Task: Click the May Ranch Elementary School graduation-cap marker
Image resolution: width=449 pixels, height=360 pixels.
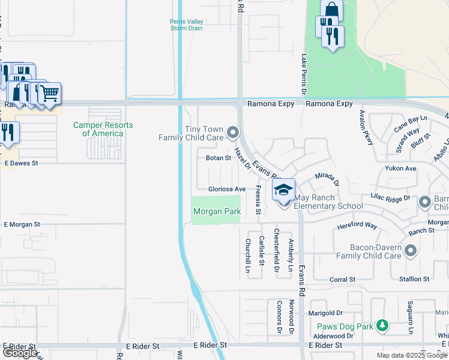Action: [284, 191]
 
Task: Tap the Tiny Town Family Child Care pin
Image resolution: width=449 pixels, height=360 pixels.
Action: [233, 131]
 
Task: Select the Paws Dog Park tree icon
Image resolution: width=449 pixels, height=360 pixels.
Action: [381, 326]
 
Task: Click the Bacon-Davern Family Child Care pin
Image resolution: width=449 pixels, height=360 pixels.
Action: [411, 250]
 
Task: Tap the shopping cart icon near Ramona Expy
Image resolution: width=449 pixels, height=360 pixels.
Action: [50, 92]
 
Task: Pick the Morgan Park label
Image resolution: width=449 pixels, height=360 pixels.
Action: [217, 211]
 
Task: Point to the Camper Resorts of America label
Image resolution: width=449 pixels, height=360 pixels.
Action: [103, 129]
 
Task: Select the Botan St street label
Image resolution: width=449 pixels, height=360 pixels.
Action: [218, 158]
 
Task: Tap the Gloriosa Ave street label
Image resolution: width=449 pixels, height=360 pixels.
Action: [227, 189]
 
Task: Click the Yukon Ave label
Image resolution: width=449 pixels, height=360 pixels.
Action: [401, 169]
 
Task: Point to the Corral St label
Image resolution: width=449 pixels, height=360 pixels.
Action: [343, 280]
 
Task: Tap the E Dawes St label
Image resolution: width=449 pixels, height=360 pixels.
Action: [21, 163]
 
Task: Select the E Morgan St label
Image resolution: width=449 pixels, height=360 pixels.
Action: [22, 224]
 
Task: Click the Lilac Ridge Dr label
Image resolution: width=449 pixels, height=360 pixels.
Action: [391, 197]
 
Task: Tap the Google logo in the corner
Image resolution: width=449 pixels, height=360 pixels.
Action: [20, 353]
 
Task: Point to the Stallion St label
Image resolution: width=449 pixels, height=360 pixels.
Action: [414, 279]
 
